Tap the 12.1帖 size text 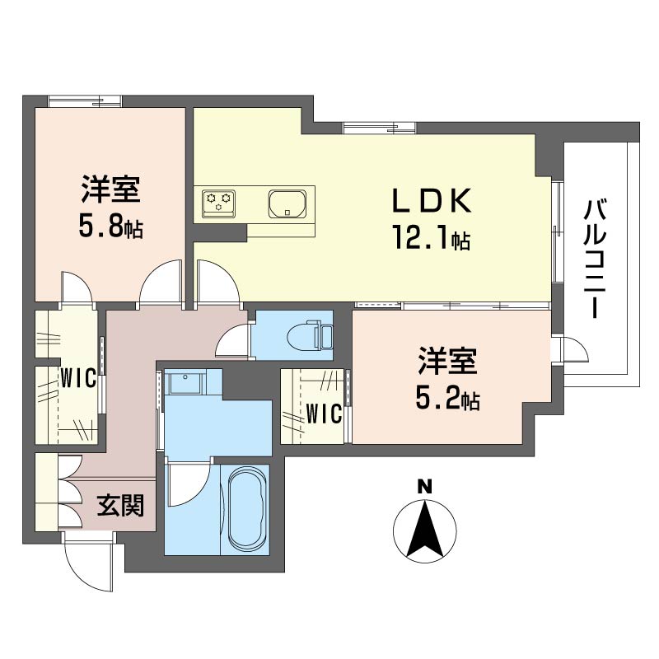pyautogui.click(x=430, y=240)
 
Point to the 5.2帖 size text pyautogui.click(x=448, y=400)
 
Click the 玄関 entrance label pyautogui.click(x=121, y=505)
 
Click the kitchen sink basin pyautogui.click(x=287, y=202)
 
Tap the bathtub pyautogui.click(x=246, y=510)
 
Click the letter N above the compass pyautogui.click(x=424, y=487)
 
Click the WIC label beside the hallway pyautogui.click(x=79, y=380)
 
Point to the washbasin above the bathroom pyautogui.click(x=184, y=384)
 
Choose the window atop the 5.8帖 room pyautogui.click(x=84, y=101)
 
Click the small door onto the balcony pyautogui.click(x=571, y=349)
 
